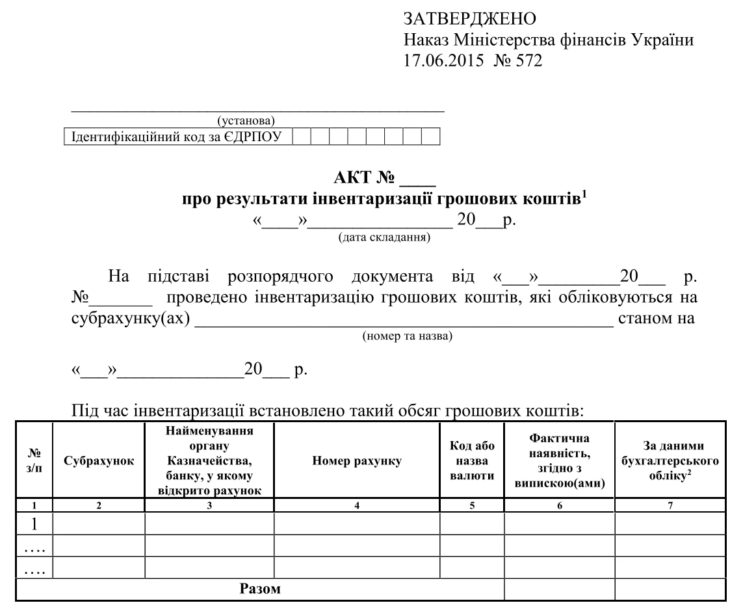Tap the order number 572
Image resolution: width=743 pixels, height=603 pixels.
pyautogui.click(x=528, y=62)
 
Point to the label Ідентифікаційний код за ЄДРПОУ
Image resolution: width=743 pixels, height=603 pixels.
pyautogui.click(x=177, y=136)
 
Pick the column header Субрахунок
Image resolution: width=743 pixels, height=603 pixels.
pyautogui.click(x=99, y=461)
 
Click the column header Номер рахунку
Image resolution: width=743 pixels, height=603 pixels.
pyautogui.click(x=357, y=461)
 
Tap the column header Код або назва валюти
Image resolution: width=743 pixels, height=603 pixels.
pyautogui.click(x=472, y=461)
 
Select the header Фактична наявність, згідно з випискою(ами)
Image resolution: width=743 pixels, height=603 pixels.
pyautogui.click(x=559, y=461)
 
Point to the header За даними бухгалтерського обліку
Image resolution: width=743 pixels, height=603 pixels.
pyautogui.click(x=670, y=461)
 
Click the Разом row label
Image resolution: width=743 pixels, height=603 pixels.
pyautogui.click(x=261, y=590)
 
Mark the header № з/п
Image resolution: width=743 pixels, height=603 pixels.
pyautogui.click(x=34, y=461)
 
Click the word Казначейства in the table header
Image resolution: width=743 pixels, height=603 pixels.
pyautogui.click(x=209, y=461)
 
